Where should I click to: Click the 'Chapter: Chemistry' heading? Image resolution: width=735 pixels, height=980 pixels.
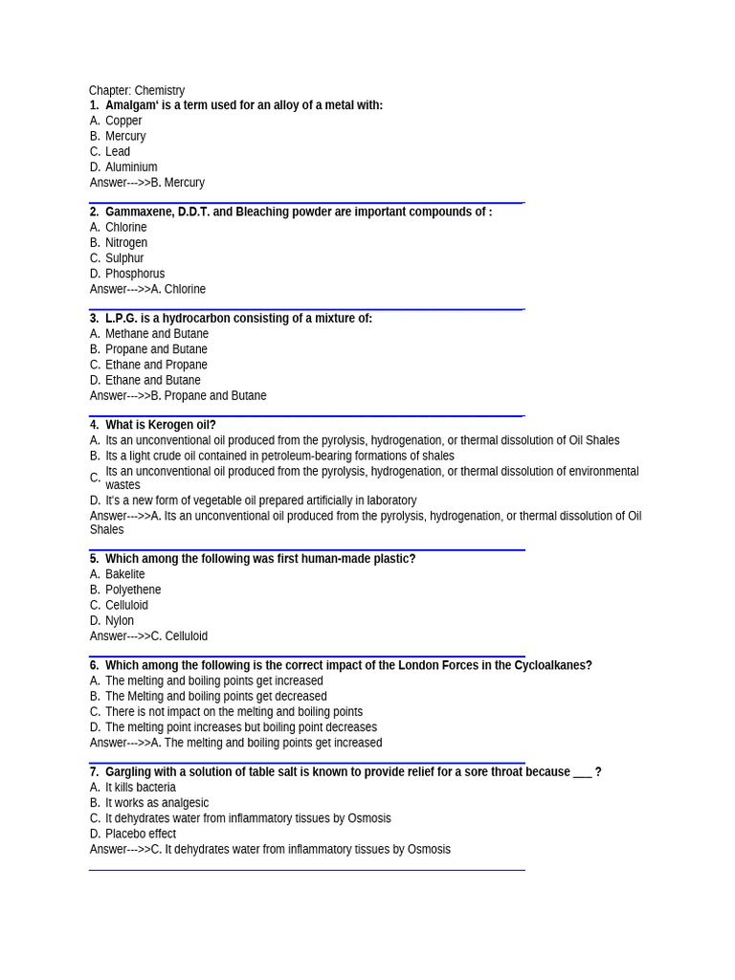(137, 90)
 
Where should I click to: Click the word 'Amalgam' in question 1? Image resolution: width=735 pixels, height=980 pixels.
(131, 105)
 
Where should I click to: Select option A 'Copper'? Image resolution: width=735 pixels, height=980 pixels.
(123, 121)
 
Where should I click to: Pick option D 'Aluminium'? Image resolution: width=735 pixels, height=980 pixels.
(131, 167)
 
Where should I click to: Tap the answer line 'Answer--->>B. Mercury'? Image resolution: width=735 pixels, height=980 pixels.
(147, 182)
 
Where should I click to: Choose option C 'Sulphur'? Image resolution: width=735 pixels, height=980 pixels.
(124, 257)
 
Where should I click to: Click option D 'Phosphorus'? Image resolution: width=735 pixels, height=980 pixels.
(135, 273)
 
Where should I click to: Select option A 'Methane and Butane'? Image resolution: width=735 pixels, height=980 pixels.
(157, 333)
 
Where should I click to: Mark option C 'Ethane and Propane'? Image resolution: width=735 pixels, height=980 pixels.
(156, 365)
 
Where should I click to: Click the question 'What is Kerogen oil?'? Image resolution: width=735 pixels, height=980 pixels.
(160, 425)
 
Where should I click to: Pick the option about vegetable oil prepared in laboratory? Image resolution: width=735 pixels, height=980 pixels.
(260, 500)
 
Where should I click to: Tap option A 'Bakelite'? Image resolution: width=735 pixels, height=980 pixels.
(125, 574)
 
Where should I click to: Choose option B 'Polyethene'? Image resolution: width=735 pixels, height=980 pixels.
(133, 590)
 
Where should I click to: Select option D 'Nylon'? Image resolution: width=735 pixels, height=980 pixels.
(120, 620)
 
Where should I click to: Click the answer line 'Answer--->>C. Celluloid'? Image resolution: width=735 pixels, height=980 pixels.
(148, 635)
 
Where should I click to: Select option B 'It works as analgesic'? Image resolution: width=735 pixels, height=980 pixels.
(157, 803)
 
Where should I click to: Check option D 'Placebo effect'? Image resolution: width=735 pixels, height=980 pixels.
(141, 834)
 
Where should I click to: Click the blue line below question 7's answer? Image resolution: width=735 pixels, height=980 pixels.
(306, 870)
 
